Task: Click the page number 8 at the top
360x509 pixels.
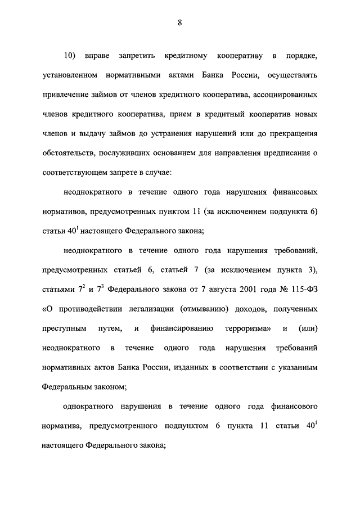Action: coord(179,22)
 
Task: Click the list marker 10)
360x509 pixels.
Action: coord(70,56)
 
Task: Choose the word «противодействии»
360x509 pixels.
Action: coord(91,309)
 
